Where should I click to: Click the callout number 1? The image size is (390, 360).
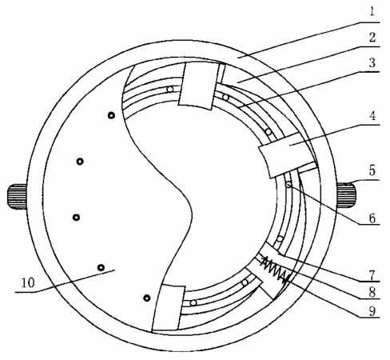coord(372,11)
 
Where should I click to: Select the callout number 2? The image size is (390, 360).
coord(372,38)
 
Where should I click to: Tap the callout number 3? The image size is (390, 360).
coord(372,63)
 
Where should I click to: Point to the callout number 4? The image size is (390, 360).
coord(372,116)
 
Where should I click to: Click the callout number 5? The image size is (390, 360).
coord(372,170)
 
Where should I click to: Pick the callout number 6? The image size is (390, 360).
coord(372,218)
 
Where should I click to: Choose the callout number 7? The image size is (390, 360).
coord(372,274)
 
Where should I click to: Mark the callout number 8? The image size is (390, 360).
coord(372,293)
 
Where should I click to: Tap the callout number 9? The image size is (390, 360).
coord(372,311)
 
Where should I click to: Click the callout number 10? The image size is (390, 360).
coord(28,282)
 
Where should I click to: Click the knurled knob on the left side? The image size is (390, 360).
coord(17,196)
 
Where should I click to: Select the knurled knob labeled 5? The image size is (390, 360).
coord(346,194)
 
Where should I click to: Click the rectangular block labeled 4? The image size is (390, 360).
coord(288,154)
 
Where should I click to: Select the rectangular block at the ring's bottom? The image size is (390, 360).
coord(169,308)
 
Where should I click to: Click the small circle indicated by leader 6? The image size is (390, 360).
coord(289,184)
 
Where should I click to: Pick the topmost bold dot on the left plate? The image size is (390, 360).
coord(111,115)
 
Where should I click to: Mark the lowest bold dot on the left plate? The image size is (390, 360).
coord(147,298)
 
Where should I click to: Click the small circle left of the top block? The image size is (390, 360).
coord(170,90)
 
